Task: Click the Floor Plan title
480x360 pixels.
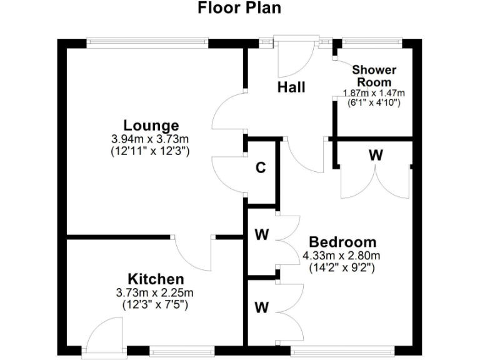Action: (x=239, y=8)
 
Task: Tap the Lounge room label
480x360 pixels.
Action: (x=151, y=125)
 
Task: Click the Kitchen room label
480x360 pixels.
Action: (x=156, y=279)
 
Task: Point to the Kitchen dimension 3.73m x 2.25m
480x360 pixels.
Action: (x=156, y=292)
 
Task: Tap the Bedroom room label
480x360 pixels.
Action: (x=342, y=242)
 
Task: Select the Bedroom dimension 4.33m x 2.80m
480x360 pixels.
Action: (x=341, y=255)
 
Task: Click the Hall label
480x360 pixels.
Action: (x=291, y=87)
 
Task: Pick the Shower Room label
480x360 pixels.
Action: (x=374, y=75)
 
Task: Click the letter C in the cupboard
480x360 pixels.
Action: (x=261, y=168)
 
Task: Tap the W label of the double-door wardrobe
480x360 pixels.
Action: (x=375, y=155)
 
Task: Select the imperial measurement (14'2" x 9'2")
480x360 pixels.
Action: (x=341, y=267)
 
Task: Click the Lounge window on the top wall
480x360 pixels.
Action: (x=147, y=42)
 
